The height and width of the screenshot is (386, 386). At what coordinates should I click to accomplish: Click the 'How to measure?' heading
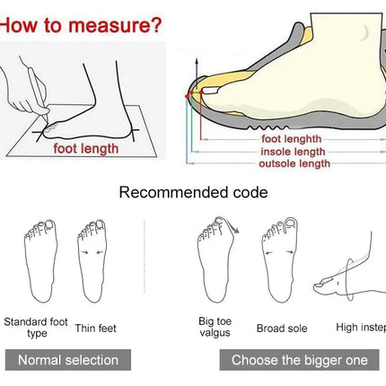(81, 25)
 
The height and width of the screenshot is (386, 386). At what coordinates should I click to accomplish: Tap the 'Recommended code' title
(193, 192)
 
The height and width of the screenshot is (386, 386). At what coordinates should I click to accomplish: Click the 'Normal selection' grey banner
(68, 360)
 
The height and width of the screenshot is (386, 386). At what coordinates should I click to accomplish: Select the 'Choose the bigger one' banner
(299, 360)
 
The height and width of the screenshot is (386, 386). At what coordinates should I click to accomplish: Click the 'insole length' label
(293, 152)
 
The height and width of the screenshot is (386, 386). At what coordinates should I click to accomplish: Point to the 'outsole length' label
(294, 163)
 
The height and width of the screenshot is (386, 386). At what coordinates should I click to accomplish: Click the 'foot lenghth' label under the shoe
(292, 139)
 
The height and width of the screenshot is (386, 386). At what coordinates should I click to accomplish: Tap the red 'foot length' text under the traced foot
(86, 149)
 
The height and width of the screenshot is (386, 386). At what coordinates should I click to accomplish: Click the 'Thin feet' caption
(95, 329)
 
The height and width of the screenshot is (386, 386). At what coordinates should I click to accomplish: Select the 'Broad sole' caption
(282, 329)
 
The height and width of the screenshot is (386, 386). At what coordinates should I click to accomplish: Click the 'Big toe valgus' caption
(215, 327)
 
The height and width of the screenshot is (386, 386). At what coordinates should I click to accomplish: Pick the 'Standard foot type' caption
(36, 328)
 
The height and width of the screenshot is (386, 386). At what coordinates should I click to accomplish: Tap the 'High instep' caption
(361, 328)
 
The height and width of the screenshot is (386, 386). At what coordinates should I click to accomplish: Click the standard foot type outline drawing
(40, 261)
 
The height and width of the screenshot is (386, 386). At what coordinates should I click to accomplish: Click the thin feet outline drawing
(92, 261)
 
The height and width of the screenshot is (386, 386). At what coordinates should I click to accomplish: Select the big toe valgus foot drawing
(215, 259)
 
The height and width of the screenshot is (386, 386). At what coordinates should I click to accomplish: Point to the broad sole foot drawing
(280, 259)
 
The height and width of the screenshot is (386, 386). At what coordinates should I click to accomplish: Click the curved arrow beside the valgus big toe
(233, 225)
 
